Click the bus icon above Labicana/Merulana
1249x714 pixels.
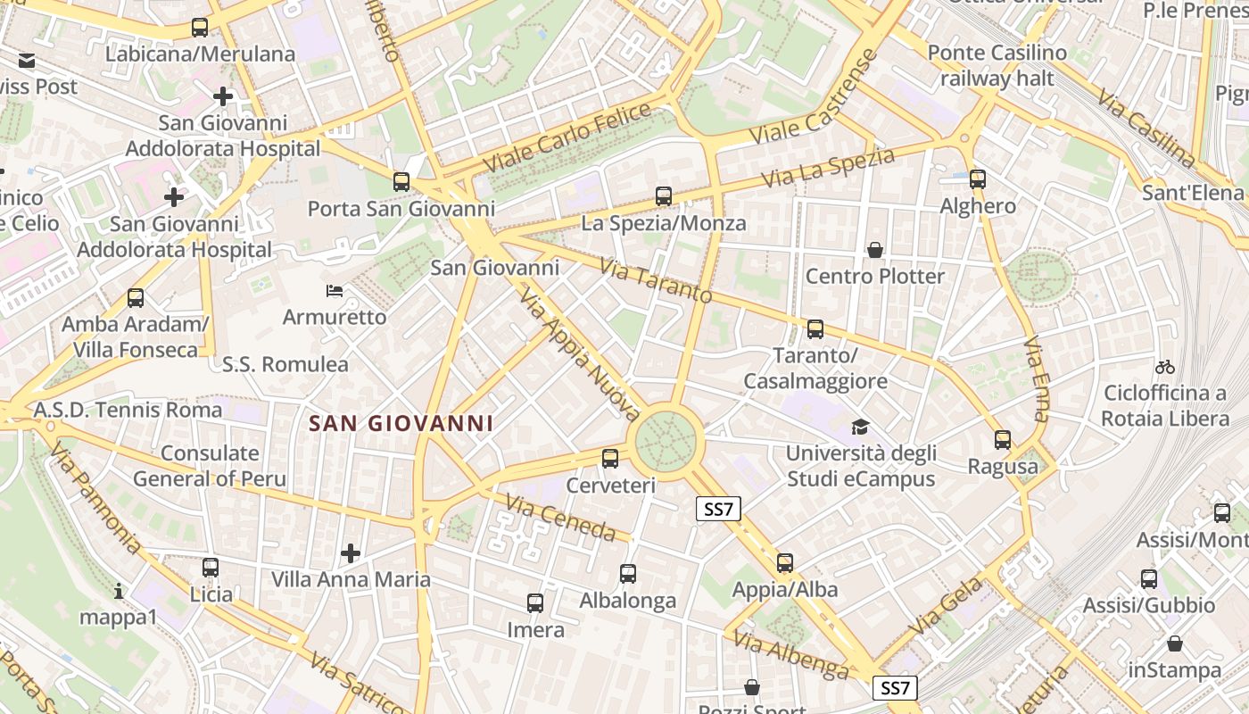click(200, 28)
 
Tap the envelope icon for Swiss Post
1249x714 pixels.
click(27, 61)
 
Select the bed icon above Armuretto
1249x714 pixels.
click(335, 291)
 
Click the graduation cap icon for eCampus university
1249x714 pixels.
click(860, 428)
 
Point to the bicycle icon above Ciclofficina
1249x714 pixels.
click(1164, 367)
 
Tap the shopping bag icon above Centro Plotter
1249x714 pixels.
click(875, 250)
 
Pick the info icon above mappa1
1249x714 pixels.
click(119, 591)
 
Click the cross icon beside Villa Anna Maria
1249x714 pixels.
click(351, 553)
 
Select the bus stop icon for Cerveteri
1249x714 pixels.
click(610, 459)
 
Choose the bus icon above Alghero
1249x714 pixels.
click(978, 179)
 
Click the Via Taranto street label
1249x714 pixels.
click(655, 280)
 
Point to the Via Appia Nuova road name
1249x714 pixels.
click(579, 354)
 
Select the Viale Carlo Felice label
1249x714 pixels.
click(567, 138)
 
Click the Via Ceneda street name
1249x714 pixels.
click(560, 518)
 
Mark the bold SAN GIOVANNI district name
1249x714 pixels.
click(401, 423)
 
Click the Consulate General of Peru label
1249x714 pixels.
click(210, 466)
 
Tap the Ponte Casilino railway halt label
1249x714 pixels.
click(997, 65)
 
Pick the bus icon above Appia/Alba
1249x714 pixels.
click(785, 563)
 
